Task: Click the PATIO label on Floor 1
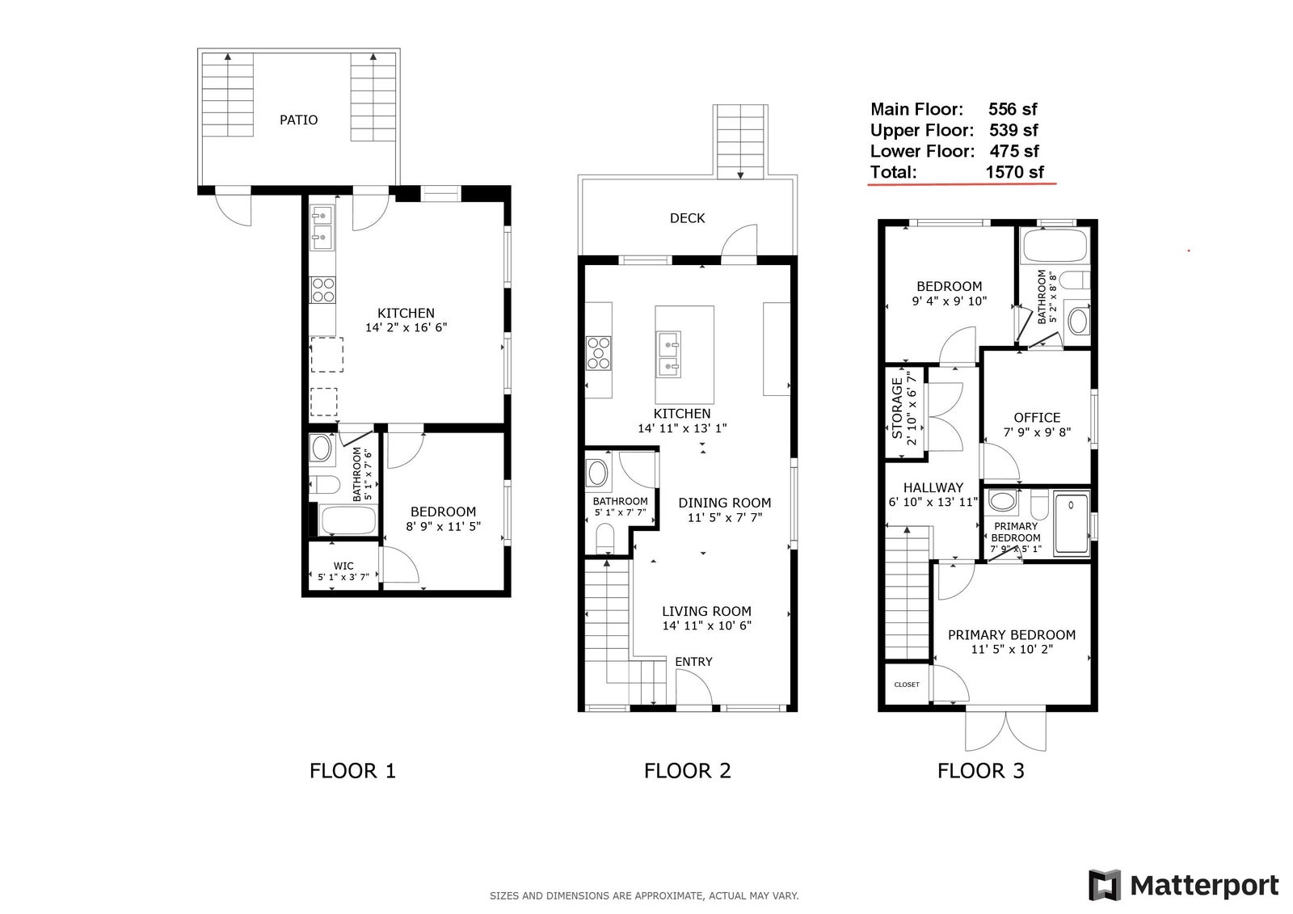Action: tap(298, 120)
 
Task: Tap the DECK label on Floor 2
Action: tap(687, 218)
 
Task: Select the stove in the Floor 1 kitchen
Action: tap(322, 290)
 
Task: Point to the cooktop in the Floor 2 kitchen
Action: tap(599, 353)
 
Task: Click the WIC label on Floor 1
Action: tap(343, 566)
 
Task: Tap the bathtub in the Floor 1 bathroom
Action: tap(348, 520)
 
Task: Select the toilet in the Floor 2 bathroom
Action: tap(605, 537)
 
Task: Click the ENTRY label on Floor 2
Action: tap(693, 662)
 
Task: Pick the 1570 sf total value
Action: tap(1014, 172)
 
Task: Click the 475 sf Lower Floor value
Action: tap(1013, 151)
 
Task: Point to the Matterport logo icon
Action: tap(1105, 885)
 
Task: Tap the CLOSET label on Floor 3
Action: tap(906, 684)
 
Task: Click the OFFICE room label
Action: tap(1037, 418)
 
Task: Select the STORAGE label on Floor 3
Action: tap(897, 407)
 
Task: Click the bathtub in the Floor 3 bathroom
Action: tap(1055, 246)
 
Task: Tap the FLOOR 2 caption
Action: tap(687, 771)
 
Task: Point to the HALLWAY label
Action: tap(933, 488)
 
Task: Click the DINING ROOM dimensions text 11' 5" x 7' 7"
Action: tap(724, 517)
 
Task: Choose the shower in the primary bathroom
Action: tap(1072, 523)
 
